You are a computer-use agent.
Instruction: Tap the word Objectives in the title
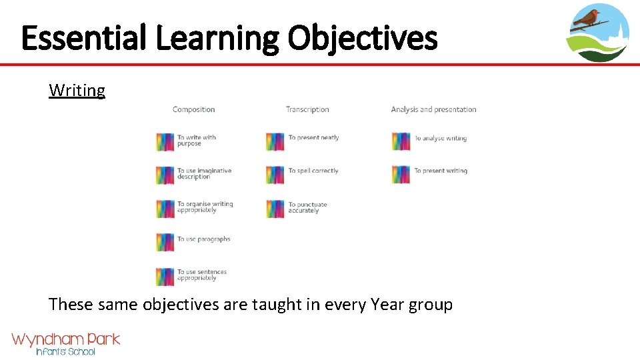pos(363,38)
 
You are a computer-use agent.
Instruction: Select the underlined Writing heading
pos(77,91)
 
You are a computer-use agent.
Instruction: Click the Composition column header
pos(193,110)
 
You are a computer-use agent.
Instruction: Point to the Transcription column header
pos(307,110)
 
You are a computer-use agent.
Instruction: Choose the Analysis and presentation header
pos(433,110)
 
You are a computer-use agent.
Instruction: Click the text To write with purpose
pos(197,141)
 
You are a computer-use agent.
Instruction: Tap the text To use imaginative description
pos(204,174)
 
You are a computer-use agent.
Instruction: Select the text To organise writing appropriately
pos(205,207)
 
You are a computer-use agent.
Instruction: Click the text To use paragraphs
pos(203,239)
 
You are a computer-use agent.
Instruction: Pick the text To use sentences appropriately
pos(201,275)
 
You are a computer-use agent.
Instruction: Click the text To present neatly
pos(313,138)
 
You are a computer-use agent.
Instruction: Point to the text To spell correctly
pos(313,171)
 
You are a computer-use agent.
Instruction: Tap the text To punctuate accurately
pos(307,208)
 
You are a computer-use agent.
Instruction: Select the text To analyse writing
pos(440,139)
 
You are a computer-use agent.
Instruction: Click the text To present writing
pos(440,171)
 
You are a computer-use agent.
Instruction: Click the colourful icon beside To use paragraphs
pos(165,242)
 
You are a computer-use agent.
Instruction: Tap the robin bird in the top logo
pos(587,17)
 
